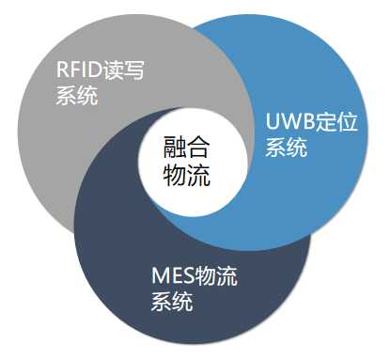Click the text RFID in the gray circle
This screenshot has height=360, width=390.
pos(80,71)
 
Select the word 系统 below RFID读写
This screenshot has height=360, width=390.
pos(77,96)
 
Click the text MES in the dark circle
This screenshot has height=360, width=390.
pos(173,277)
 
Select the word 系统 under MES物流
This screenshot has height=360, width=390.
pos(172,302)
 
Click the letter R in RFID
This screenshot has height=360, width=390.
pos(63,71)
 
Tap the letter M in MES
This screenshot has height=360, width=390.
pos(159,277)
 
